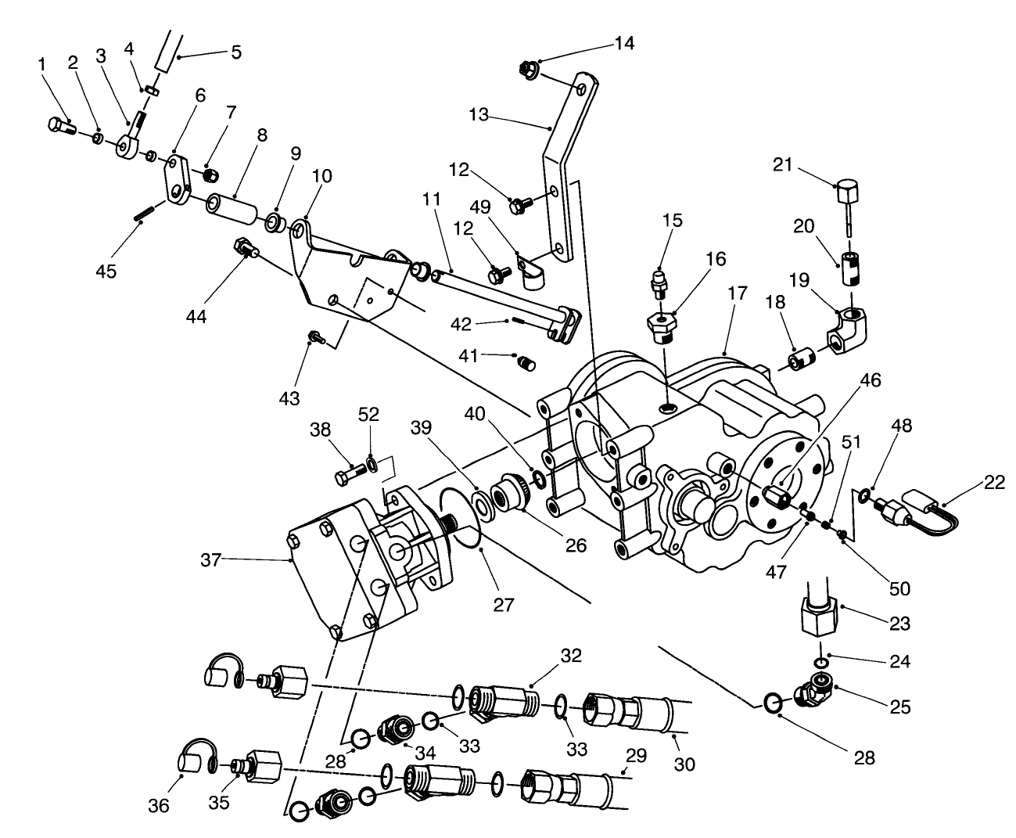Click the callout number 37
point(211,559)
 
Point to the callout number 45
point(106,271)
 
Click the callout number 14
point(624,43)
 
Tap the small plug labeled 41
point(526,363)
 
